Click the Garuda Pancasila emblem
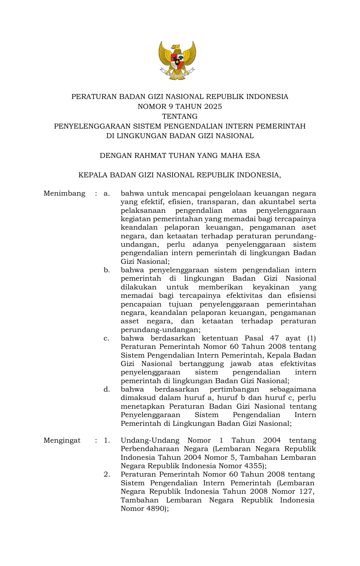point(177,60)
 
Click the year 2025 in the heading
point(213,107)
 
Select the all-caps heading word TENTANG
point(180,116)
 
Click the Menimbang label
point(64,193)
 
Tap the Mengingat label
point(62,440)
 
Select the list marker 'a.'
point(107,193)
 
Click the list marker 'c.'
point(106,338)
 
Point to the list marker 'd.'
point(107,389)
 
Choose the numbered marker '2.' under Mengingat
point(107,474)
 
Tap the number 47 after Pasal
point(274,338)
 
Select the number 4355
point(252,466)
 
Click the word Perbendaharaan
point(150,449)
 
